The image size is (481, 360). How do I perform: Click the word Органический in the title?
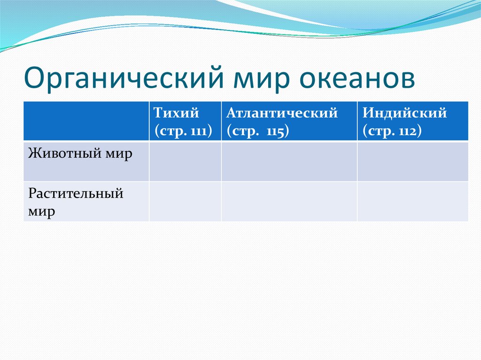pos(124,77)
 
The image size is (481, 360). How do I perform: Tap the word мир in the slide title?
pos(262,79)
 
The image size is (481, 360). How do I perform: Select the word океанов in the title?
pos(357,78)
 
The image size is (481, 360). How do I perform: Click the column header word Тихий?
pos(176,113)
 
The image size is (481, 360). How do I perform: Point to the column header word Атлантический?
pos(282,113)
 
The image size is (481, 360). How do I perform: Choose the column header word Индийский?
pos(404,113)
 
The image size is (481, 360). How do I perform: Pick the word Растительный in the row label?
pos(76,193)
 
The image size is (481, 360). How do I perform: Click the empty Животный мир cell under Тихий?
pos(185,161)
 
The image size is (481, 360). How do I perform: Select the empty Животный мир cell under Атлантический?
pos(289,161)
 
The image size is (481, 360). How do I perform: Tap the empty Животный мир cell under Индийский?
pos(413,161)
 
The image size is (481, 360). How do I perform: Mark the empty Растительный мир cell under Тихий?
pos(185,201)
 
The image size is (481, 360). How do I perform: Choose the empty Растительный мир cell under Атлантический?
pos(289,201)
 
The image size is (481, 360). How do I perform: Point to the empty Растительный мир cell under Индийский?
pos(413,201)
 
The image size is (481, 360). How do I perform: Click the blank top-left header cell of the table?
pos(86,121)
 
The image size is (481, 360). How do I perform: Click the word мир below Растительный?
pos(41,212)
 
